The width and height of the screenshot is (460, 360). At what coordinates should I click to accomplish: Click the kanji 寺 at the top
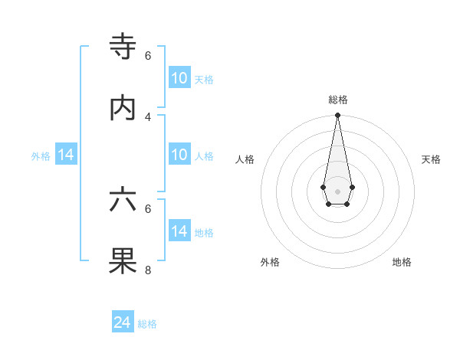[123, 47]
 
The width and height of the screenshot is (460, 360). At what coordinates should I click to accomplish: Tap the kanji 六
[123, 200]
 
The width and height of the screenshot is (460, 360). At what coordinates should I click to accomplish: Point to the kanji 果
[123, 260]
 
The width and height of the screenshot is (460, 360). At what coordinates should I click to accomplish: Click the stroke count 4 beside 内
[148, 116]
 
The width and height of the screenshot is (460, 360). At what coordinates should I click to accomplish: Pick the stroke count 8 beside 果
[148, 270]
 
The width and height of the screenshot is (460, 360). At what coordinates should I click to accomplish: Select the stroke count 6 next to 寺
[148, 56]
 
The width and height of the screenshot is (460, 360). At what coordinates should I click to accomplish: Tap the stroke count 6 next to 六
[148, 208]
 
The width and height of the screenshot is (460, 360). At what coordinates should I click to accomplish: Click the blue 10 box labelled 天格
[179, 78]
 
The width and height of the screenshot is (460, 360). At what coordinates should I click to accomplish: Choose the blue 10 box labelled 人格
[179, 155]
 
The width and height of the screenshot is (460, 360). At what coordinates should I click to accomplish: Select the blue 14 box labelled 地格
[179, 231]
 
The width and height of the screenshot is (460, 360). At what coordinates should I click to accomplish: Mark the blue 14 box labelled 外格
[66, 155]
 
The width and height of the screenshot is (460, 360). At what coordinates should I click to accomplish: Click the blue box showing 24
[123, 322]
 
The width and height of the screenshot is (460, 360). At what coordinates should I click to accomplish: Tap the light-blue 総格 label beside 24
[147, 324]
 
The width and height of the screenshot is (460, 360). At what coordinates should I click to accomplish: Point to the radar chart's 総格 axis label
[337, 100]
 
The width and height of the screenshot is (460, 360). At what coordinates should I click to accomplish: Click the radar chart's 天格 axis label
[431, 159]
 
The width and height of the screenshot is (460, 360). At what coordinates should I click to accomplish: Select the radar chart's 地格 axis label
[402, 262]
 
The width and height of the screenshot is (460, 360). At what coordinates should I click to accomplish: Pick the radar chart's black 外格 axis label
[270, 262]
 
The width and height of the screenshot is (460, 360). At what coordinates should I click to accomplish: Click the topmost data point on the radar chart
[337, 116]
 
